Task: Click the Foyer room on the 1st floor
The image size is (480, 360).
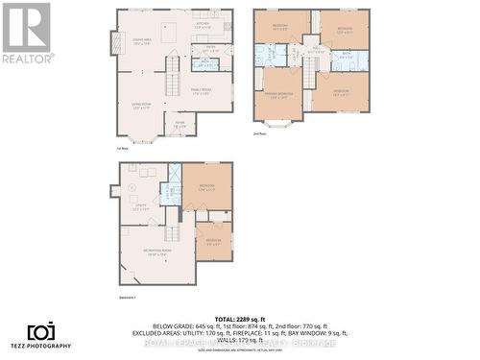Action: [x=180, y=124]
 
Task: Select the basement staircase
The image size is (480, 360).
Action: [x=173, y=231]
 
